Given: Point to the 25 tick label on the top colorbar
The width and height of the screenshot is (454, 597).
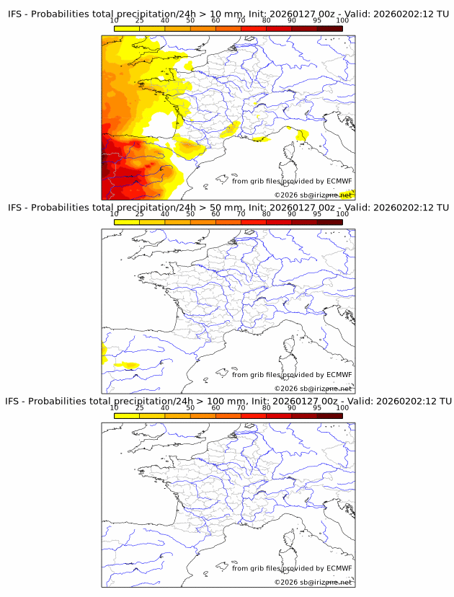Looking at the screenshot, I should coord(140,22).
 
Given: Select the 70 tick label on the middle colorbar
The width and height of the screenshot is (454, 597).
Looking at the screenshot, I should coord(241,214).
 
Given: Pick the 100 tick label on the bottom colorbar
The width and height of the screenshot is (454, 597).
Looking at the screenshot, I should coord(342,407).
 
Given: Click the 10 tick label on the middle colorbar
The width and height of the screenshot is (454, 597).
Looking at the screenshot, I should coord(114,214).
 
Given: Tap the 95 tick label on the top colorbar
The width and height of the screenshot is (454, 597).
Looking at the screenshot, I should coord(317,22).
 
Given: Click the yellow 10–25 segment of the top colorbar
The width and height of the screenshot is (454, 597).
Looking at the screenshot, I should coord(127,29).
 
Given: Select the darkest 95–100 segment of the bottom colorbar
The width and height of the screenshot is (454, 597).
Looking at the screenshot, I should coord(329,415).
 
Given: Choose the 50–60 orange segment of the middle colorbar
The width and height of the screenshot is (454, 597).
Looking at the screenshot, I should coord(202,222).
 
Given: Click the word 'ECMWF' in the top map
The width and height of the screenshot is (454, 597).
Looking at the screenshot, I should coord(339,181).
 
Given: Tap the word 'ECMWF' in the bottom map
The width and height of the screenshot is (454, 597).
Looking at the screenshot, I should coord(339,568).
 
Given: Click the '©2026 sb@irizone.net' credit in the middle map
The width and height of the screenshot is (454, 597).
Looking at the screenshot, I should coord(313,389).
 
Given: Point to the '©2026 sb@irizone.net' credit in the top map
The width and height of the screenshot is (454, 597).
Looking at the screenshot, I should coord(313,195).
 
